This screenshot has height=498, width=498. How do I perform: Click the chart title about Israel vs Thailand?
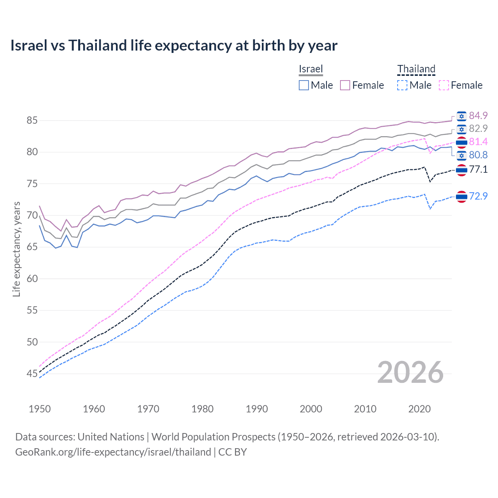pos(174,46)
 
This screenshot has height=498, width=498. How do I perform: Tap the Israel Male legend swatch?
pos(304,85)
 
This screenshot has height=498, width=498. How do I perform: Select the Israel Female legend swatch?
pos(345,85)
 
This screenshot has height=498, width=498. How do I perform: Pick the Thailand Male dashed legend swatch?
pos(402,85)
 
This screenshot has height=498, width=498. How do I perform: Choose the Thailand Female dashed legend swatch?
pos(444,85)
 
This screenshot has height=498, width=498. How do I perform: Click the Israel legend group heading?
pos(311,69)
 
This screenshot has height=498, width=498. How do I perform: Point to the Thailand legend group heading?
pos(416,69)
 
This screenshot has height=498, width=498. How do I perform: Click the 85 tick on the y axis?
pos(32,121)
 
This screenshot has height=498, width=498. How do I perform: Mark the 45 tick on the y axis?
pos(32,374)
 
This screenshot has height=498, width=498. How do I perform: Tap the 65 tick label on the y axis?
pos(32,247)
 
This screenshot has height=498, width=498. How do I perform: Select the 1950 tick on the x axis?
pos(40,409)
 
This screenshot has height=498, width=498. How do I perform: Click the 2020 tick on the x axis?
pos(419,409)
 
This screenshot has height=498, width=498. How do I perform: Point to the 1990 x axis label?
pos(257,409)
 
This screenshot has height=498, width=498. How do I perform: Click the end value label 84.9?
pos(478,116)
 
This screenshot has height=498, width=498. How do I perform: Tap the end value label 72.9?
pos(478,196)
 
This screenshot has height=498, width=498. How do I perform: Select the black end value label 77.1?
pos(478,169)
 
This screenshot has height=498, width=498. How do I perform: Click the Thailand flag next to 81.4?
pos(461,142)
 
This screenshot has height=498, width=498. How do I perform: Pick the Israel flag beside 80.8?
pos(461,155)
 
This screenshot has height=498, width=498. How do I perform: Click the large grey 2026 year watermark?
pos(410,372)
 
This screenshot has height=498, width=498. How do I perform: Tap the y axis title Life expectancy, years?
pos(16,249)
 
